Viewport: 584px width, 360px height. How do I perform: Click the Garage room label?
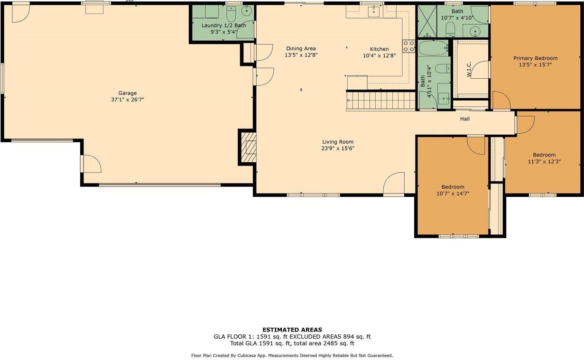(128, 93)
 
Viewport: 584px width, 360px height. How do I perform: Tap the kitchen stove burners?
(408, 46)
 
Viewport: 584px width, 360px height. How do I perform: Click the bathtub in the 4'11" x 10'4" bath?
(433, 48)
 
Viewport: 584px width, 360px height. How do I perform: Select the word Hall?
(465, 119)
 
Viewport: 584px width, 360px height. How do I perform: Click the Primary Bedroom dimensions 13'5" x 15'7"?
(535, 65)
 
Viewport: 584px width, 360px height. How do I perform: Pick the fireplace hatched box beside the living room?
(248, 148)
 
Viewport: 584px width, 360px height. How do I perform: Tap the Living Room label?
(338, 142)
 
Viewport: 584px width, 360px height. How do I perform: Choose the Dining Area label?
(300, 48)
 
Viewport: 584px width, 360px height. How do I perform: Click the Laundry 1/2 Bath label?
(223, 25)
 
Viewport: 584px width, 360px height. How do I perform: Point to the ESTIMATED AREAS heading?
(292, 330)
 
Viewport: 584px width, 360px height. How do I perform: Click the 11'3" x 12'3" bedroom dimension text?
(544, 161)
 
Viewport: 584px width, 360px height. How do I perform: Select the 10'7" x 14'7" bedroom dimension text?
(453, 193)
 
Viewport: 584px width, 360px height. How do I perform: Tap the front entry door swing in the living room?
(394, 184)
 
